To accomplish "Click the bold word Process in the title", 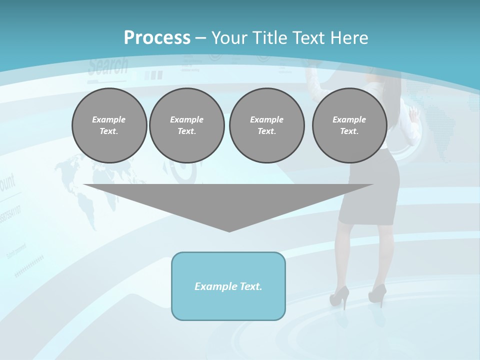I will pos(157,38).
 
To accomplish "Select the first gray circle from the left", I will pos(109,125).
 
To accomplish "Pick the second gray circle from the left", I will pos(186,125).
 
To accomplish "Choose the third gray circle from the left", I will pos(266,125).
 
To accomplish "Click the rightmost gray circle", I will pos(349,125).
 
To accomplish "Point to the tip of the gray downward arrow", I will pos(229,230).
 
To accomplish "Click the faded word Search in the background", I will pos(108,66).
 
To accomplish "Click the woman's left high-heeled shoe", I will pos(338,296).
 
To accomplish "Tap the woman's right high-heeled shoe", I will pos(377,294).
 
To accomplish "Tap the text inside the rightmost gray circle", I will pos(349,125).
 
